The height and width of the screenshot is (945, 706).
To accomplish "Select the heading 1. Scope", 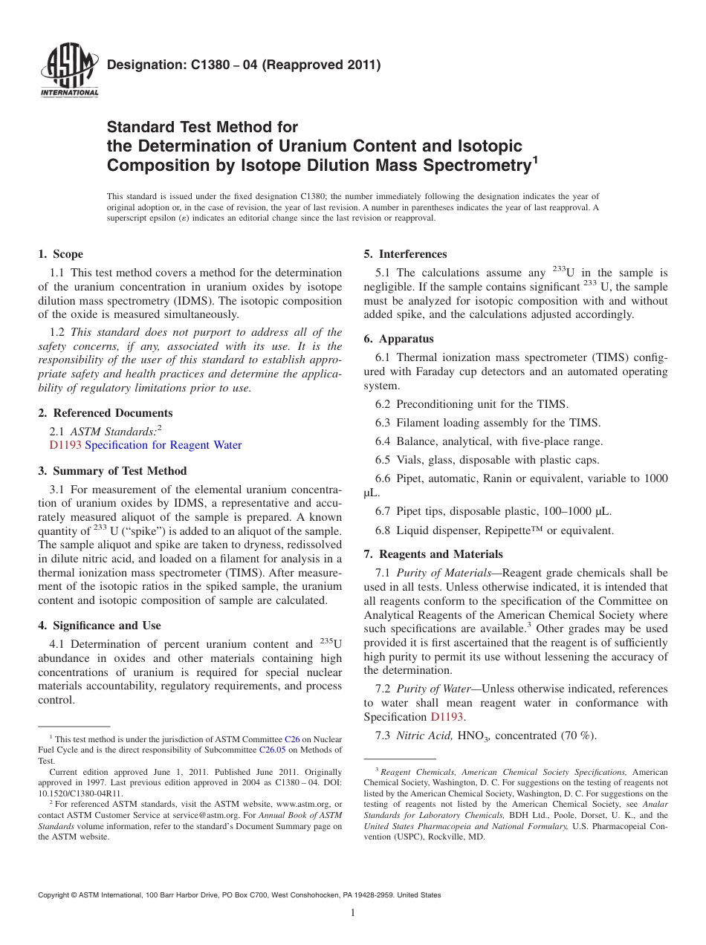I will coord(61,254).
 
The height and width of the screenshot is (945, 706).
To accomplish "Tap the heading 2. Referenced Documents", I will coord(106,413).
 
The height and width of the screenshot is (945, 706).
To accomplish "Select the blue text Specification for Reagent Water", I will coord(163,445).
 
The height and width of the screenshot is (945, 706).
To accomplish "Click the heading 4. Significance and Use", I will coord(100,626).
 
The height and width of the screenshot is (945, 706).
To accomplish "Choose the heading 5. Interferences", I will coord(405,254).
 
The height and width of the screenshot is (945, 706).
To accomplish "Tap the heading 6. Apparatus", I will coord(398,339).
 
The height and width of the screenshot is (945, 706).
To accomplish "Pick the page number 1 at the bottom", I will coord(353,913).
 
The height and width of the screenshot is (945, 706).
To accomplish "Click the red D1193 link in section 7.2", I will coord(447,718).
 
